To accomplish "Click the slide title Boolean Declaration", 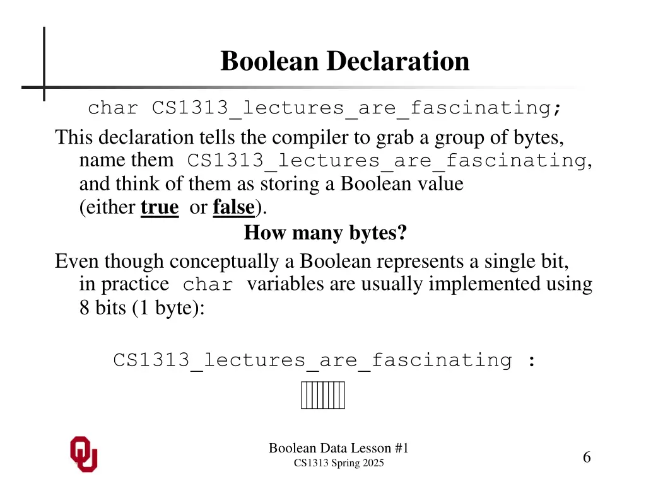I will (x=345, y=62).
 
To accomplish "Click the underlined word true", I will (x=160, y=207).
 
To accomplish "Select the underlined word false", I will (x=233, y=207).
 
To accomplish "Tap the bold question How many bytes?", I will (x=326, y=234).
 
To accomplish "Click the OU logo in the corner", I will (x=83, y=454).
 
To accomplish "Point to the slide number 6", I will (x=587, y=458).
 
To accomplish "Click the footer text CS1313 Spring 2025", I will (x=339, y=464).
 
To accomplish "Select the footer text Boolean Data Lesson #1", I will (x=339, y=448).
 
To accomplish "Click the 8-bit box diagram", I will (x=323, y=396).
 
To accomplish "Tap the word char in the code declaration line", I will (x=112, y=108).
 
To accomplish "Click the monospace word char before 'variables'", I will (x=208, y=285).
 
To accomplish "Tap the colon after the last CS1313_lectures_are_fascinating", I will (x=531, y=361).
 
